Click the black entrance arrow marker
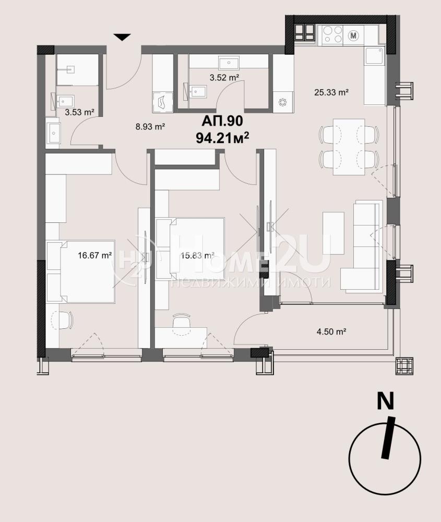[123, 37]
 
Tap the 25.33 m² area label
[331, 92]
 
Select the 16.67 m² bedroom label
[94, 255]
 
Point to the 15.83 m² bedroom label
[197, 255]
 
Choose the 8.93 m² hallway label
[150, 126]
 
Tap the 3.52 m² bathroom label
[224, 78]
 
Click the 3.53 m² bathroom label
[79, 112]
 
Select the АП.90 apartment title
[222, 121]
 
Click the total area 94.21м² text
[223, 137]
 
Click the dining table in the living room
[349, 147]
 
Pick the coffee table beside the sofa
[333, 233]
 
